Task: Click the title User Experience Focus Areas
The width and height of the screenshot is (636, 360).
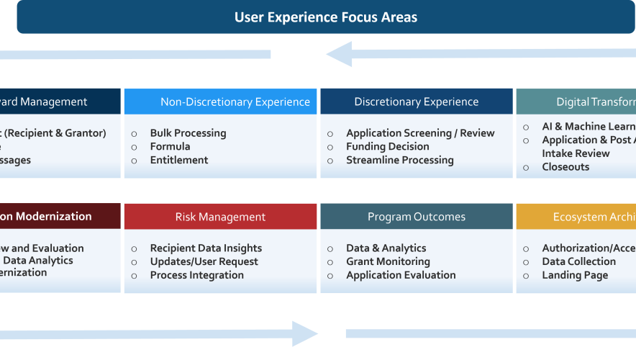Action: point(325,17)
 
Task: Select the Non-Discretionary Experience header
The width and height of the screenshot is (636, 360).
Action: point(235,102)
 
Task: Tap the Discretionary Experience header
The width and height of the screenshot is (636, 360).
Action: point(416,102)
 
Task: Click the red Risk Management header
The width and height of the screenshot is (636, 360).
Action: point(220,217)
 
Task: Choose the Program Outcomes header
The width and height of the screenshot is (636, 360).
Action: point(416,217)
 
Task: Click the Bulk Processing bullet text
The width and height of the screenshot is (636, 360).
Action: point(188,133)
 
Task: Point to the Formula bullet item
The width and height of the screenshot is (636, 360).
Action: point(170,147)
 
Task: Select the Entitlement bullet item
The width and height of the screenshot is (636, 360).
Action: point(179,161)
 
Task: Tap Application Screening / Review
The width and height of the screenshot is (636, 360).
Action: point(420,133)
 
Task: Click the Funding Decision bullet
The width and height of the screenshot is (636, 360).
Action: point(387,147)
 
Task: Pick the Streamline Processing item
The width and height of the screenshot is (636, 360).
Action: point(399,161)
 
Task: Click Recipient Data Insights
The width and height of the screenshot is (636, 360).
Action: point(206,248)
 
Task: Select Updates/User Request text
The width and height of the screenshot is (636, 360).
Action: point(204,262)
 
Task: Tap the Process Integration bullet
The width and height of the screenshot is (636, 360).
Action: point(196,276)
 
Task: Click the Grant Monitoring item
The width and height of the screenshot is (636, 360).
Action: point(388,262)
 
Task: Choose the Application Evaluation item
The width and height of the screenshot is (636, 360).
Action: point(401,276)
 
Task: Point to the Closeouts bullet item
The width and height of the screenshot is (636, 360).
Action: point(565,167)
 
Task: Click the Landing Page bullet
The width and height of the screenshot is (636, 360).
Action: point(575,276)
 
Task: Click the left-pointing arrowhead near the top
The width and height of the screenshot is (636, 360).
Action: point(339,54)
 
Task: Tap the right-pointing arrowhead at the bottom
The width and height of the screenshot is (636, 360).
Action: point(305,334)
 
